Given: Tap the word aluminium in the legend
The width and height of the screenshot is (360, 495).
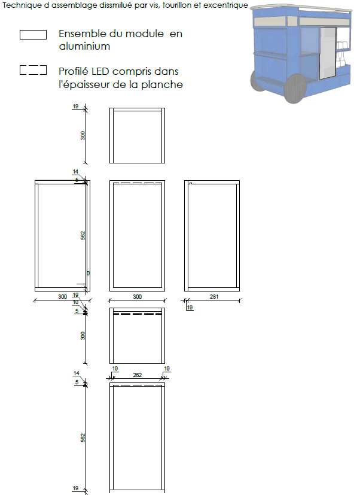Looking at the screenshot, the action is [84, 47].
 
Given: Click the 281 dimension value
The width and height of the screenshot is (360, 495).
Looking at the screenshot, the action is [214, 296].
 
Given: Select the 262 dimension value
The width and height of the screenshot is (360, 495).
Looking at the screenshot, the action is [138, 375].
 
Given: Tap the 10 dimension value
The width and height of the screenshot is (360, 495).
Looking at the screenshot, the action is [75, 302].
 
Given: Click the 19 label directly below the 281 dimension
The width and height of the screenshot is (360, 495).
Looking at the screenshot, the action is [190, 307].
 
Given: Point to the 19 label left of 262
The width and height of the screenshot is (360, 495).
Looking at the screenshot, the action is [115, 369].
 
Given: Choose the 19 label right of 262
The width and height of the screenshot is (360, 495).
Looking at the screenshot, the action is [167, 369].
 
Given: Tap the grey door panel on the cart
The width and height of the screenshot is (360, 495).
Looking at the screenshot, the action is [328, 53].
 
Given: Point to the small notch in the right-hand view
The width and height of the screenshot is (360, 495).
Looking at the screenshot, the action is [190, 183].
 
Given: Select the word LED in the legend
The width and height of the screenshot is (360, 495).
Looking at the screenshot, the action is [100, 72].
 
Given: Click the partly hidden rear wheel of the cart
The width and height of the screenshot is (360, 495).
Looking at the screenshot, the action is [257, 80].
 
